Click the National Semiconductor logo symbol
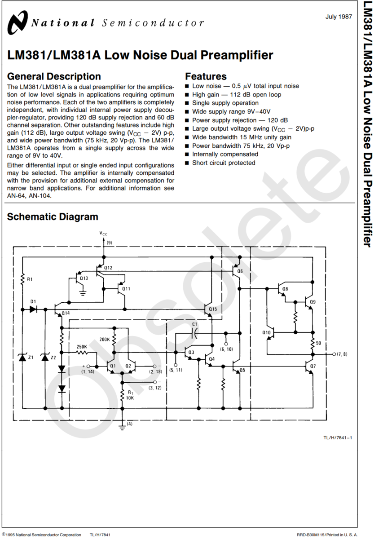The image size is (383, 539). coord(19,22)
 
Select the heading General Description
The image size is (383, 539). coord(54,76)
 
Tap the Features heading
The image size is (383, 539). coord(206,76)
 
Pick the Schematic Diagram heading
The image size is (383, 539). coord(53,217)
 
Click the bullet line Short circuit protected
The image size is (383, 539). coord(224,163)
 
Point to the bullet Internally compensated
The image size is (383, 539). coord(225,154)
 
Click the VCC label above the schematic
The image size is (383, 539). coord(103,234)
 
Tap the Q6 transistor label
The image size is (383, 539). coord(239,271)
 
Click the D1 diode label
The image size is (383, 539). coord(33,301)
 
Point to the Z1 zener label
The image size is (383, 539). coord(31,358)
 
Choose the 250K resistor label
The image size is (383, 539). coord(82,346)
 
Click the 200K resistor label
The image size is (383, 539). coord(105,340)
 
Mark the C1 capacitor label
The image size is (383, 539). coord(194,324)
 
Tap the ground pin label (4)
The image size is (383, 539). coord(130,424)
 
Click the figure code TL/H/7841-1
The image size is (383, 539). coord(337,437)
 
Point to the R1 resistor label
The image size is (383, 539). coord(30,279)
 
